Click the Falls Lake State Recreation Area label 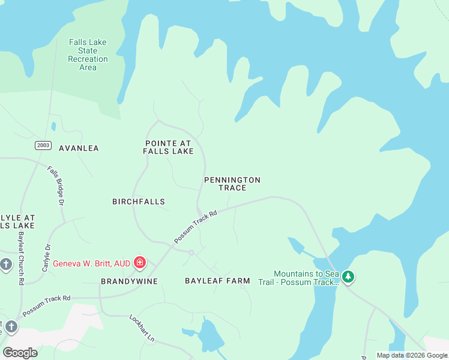click(88, 55)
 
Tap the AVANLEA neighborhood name click(79, 148)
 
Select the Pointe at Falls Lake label click(168, 147)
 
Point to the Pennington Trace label click(232, 184)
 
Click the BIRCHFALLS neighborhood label click(139, 202)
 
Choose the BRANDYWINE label click(129, 281)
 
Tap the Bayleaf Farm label click(217, 281)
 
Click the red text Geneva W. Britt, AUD click(91, 263)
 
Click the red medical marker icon click(140, 262)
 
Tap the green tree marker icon click(348, 277)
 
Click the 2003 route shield click(43, 145)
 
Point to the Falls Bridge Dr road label click(56, 185)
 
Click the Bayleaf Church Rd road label click(21, 257)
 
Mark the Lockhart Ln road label click(142, 328)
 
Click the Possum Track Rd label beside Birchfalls click(195, 226)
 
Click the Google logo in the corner click(20, 352)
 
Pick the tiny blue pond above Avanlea click(53, 126)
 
